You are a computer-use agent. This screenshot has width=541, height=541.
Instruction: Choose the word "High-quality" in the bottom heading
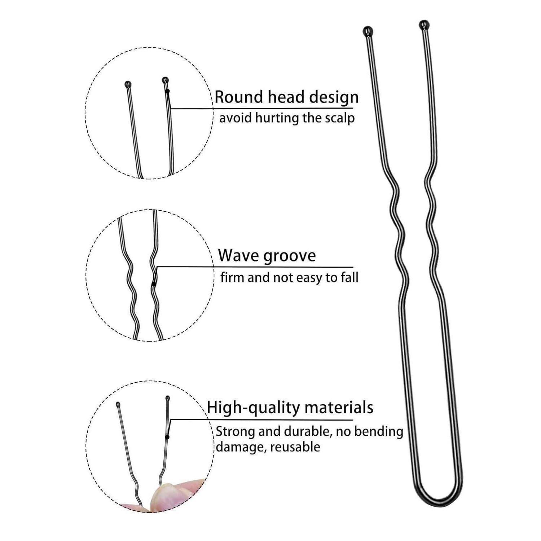254,408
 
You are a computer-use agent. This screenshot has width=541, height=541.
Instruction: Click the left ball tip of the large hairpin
367,31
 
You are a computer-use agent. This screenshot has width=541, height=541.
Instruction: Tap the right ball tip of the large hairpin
424,25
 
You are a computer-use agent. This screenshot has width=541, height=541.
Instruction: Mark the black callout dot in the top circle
167,92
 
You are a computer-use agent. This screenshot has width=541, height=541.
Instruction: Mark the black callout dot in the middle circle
154,284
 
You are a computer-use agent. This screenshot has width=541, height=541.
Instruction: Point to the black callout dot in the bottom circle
167,437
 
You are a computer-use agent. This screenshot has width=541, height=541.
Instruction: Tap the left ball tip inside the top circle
128,84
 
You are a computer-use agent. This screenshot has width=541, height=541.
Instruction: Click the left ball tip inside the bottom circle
118,404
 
